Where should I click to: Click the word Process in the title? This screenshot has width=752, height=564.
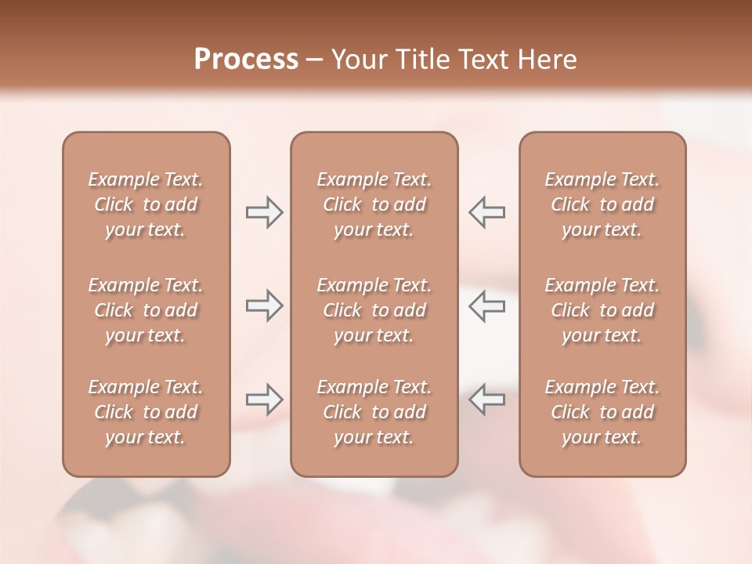point(246,60)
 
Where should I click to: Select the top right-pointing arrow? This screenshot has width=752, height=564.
point(264,212)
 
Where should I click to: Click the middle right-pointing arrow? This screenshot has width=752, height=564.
point(264,306)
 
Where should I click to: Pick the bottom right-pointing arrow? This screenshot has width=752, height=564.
point(264,399)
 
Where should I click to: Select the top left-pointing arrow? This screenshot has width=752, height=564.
point(487,212)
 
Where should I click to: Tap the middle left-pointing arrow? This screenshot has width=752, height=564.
point(487,306)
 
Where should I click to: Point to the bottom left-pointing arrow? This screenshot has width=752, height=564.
point(487,399)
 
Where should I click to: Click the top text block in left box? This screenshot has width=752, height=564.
point(146,204)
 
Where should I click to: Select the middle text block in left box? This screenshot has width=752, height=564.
point(146,310)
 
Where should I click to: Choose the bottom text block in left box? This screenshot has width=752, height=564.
point(146,412)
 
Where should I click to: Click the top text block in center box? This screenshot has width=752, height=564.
point(374,204)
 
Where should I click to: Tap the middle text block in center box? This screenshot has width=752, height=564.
point(374,310)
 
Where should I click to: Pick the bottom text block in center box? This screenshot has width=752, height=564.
point(374,412)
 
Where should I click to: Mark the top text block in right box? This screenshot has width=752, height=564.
point(602,204)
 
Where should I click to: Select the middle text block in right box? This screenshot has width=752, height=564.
point(602,310)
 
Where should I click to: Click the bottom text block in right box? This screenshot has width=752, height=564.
point(602,412)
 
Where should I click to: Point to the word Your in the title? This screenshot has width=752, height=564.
point(356,60)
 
